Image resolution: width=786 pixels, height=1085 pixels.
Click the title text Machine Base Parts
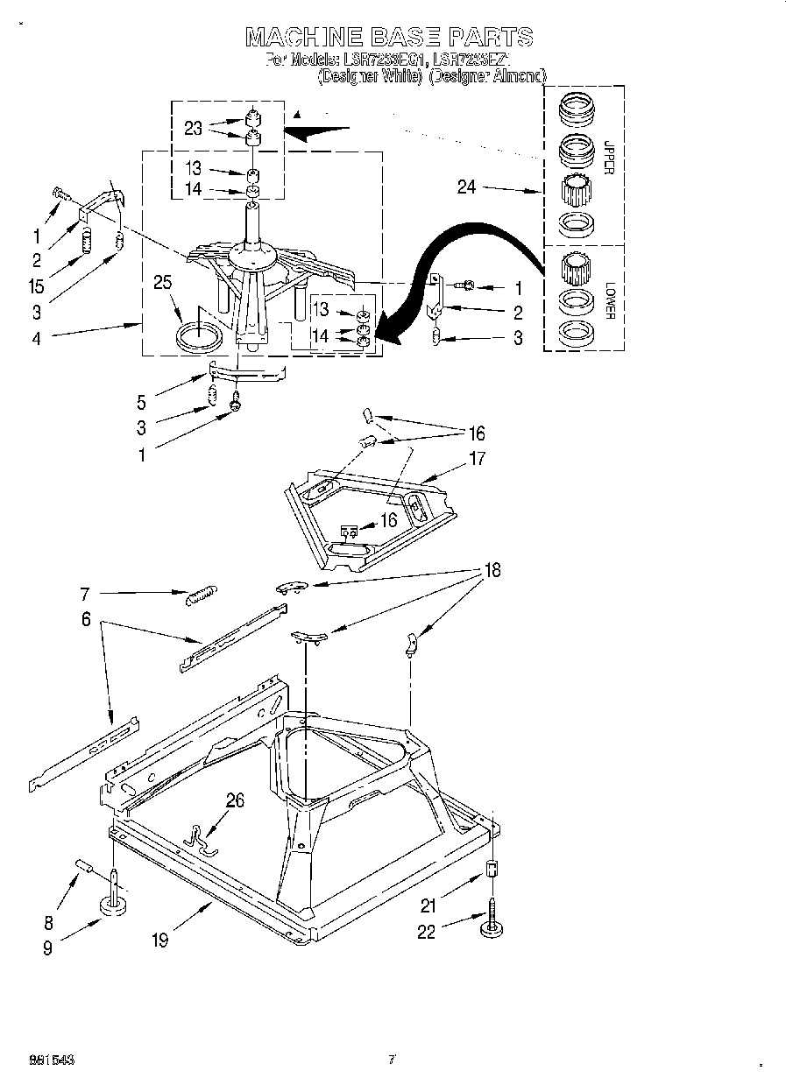(388, 37)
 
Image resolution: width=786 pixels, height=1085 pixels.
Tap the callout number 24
(466, 187)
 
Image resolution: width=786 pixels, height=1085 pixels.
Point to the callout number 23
(194, 128)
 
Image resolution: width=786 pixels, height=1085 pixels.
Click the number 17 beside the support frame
(477, 458)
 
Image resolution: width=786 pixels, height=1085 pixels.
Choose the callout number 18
(492, 570)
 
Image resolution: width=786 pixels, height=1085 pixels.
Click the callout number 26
(234, 800)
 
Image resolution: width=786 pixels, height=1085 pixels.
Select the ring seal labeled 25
(200, 337)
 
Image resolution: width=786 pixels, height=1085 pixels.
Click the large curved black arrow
(456, 254)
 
